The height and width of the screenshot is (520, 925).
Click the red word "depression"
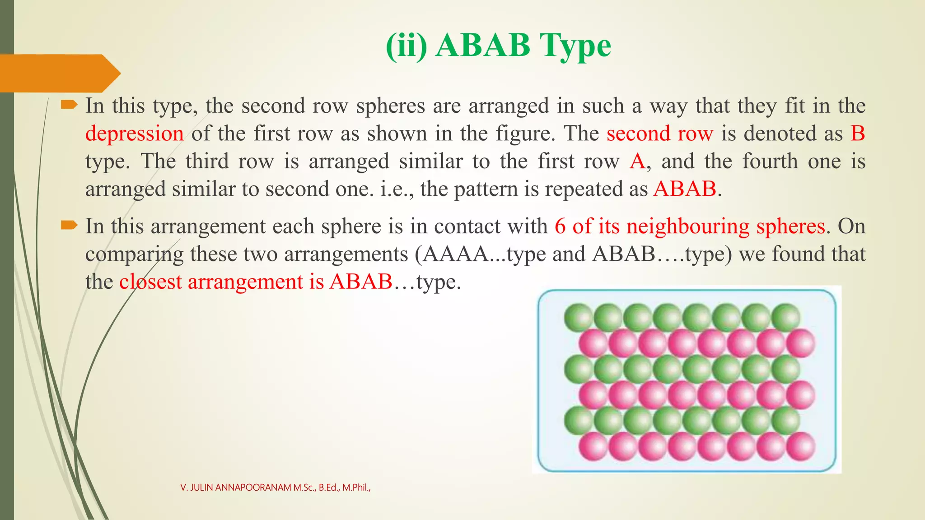[x=134, y=134]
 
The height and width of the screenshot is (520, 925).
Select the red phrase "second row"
[x=660, y=134]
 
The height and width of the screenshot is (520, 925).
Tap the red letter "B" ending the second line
[x=857, y=134]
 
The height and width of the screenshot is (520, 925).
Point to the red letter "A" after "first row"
[x=637, y=161]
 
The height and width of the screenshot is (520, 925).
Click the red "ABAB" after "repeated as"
[x=685, y=189]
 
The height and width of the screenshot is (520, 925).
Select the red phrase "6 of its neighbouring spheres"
[x=690, y=226]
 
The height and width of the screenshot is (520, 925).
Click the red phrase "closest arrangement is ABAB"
[x=256, y=282]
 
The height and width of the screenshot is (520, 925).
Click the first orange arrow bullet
[x=69, y=105]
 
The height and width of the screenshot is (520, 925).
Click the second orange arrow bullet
[x=69, y=225]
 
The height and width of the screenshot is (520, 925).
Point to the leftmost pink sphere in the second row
[x=593, y=343]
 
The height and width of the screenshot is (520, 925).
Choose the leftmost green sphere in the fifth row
[x=578, y=420]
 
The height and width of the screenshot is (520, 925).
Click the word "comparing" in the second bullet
[x=134, y=254]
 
